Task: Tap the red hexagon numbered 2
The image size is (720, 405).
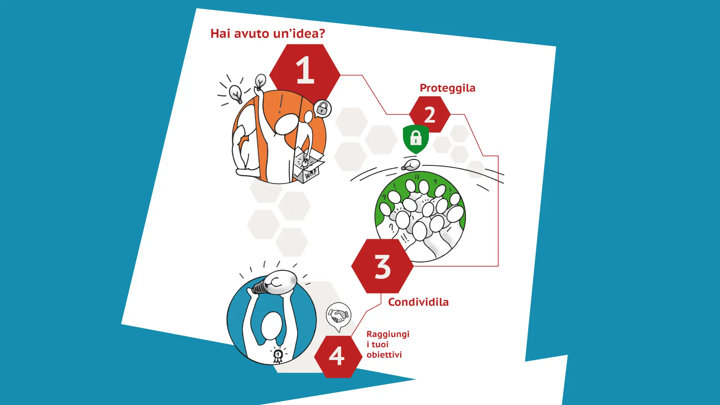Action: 430,114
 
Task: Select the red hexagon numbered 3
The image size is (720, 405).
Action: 382,266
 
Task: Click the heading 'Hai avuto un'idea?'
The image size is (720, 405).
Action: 268,33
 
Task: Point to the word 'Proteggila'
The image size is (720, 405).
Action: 447,88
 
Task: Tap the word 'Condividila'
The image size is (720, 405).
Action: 418,302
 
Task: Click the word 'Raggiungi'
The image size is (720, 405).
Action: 388,334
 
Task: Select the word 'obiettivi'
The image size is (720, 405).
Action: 384,354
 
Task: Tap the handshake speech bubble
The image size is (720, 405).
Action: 339,316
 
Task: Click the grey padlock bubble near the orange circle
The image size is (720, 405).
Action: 322,109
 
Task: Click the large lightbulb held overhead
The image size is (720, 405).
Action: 276,283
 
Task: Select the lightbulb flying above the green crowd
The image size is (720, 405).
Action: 411,165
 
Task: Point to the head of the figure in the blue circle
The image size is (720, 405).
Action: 271,326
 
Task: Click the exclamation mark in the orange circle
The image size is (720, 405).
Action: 280,104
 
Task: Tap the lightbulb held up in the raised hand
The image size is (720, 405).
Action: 260,82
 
